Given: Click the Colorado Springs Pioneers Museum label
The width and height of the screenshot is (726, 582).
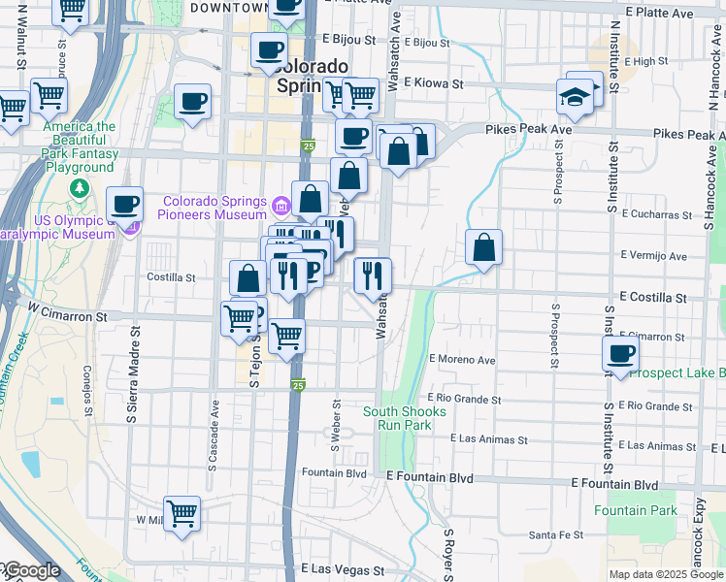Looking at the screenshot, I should point(214,208).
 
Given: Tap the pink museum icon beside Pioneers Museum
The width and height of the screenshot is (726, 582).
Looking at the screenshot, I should point(281,205).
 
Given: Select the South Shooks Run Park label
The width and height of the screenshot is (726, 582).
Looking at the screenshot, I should point(405,418).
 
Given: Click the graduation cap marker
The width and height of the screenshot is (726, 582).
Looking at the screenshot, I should point(575,97).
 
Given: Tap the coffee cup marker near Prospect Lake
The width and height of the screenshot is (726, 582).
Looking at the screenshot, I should point(620,354).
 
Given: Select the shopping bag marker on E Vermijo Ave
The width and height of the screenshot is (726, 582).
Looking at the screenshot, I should point(483,248).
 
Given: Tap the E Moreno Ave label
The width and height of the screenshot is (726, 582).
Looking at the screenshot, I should point(462,360).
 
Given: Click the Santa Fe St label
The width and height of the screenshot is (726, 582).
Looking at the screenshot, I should point(556,534).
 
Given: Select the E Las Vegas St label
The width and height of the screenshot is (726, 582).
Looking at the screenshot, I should point(343,569).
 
